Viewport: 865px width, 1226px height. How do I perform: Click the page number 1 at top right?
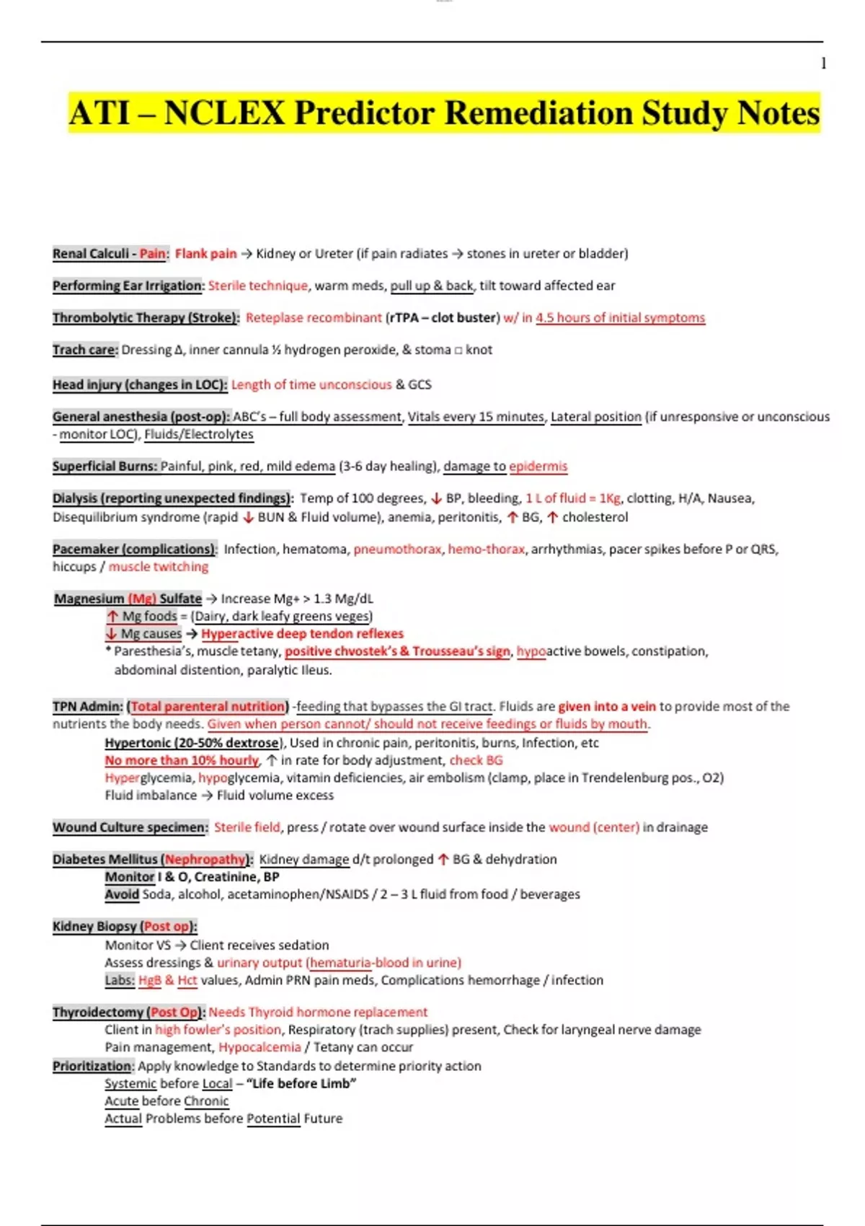823,63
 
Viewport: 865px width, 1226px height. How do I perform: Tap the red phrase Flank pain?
205,254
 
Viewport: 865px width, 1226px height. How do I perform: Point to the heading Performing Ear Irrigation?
128,286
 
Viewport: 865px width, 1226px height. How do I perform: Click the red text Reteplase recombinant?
314,318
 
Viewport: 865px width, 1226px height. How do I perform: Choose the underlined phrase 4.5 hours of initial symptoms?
620,318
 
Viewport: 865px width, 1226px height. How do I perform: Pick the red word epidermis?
538,467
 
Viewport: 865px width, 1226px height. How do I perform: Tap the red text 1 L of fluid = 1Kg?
572,498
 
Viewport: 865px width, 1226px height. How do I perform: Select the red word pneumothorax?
397,550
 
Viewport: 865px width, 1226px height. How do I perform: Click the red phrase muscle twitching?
159,567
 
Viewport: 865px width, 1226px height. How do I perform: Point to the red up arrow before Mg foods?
112,617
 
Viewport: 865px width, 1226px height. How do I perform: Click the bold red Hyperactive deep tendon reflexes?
302,634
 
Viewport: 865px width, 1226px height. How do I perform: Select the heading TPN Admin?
87,707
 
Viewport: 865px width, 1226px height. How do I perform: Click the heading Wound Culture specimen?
130,827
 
